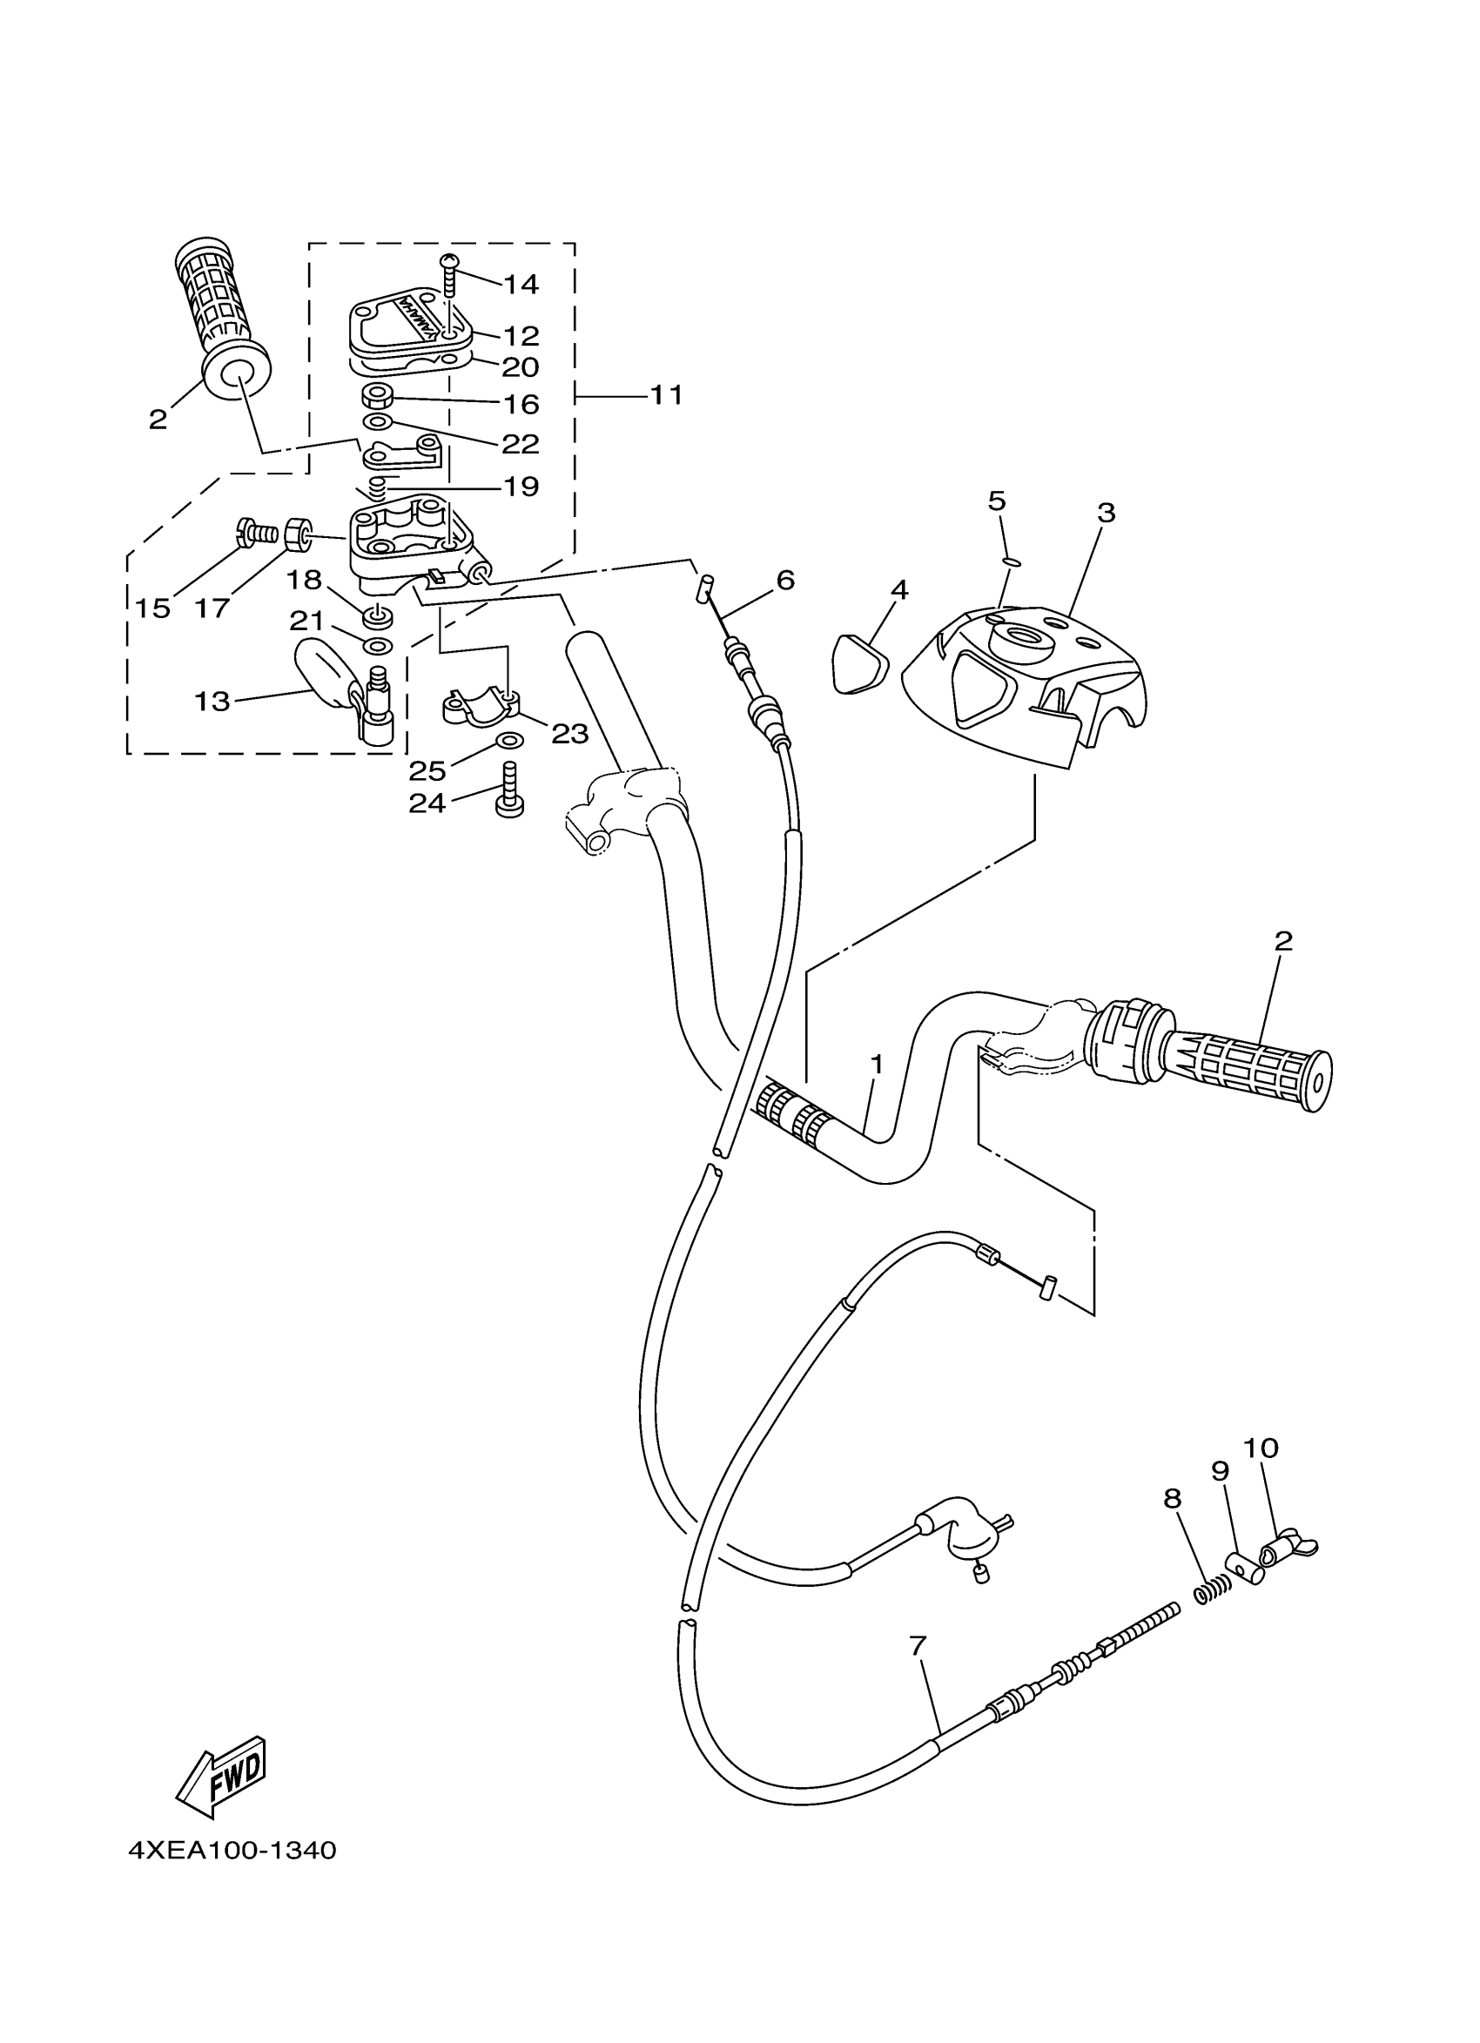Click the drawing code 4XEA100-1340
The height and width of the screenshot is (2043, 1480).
(x=232, y=1851)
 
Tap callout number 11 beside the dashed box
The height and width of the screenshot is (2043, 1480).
(x=667, y=394)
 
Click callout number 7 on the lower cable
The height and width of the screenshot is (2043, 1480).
(x=917, y=1647)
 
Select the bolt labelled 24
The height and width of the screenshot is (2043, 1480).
(x=509, y=792)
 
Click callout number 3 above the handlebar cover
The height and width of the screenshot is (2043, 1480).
(x=1107, y=513)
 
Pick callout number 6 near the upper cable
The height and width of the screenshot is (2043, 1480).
(x=784, y=580)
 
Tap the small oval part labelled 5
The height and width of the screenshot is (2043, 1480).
(x=1011, y=561)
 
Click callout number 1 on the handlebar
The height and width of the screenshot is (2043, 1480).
(x=876, y=1065)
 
